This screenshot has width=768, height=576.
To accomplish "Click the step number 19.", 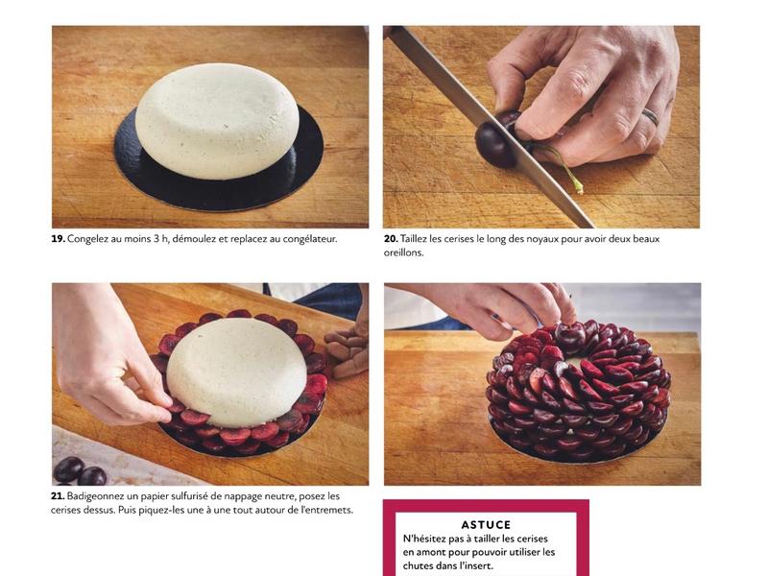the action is tap(58, 239).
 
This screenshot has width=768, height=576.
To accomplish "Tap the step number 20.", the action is tap(391, 239).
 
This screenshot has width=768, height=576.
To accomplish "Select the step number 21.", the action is tap(58, 496).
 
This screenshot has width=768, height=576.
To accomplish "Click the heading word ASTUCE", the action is tap(486, 525).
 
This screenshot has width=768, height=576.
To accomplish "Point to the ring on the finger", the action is tap(651, 116).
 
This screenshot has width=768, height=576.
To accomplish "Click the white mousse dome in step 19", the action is tap(217, 121).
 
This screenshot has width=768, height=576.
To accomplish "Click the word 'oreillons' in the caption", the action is tap(402, 253).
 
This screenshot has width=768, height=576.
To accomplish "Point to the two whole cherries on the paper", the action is tap(80, 471).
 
